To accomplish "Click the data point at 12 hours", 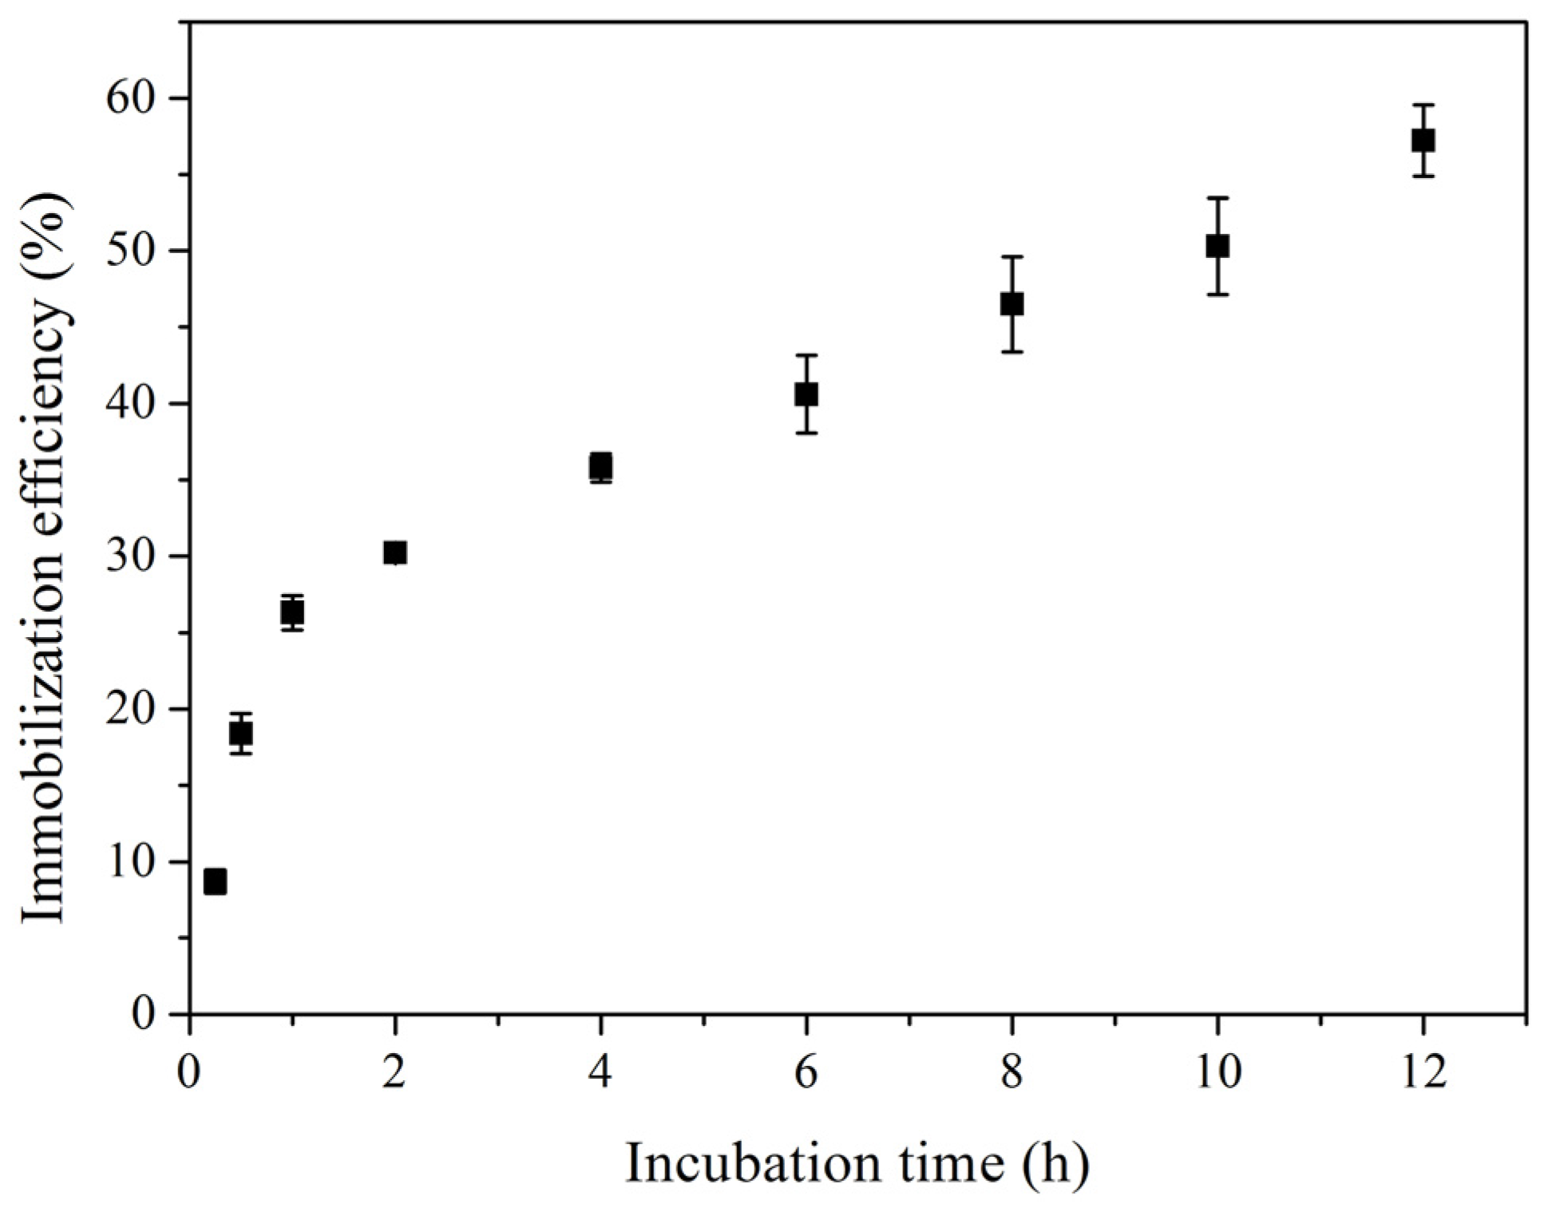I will click(x=1423, y=141).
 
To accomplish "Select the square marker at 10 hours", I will click(x=1217, y=246).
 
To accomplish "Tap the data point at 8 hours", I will click(x=1012, y=304).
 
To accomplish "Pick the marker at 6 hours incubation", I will click(x=806, y=394).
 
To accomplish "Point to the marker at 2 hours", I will click(x=395, y=553).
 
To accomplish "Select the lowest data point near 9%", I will click(x=215, y=882).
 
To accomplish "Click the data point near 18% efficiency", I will click(x=241, y=733).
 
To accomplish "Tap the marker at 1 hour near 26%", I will click(x=293, y=612).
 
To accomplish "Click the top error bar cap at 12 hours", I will click(x=1423, y=105).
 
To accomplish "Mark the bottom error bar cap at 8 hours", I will click(x=1012, y=352).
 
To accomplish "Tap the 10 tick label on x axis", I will click(x=1217, y=1073).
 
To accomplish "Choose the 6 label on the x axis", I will click(x=806, y=1073).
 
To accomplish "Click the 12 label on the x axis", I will click(x=1423, y=1073).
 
